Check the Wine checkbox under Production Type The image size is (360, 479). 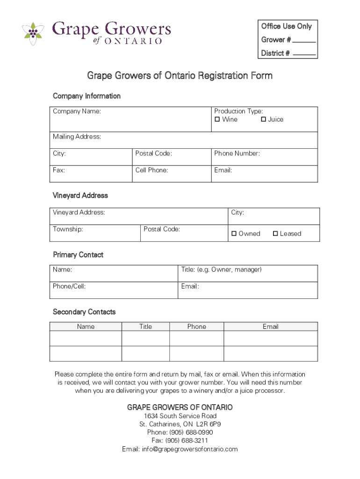click(217, 119)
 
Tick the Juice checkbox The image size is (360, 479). click(263, 119)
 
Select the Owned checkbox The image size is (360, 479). click(234, 233)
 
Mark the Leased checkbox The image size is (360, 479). click(275, 233)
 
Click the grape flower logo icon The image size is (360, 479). click(33, 33)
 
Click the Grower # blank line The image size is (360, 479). click(304, 41)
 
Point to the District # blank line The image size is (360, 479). click(304, 55)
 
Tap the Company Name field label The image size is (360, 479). click(77, 111)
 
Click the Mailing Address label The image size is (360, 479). click(77, 137)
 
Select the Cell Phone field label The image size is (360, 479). click(151, 170)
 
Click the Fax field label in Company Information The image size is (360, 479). click(59, 170)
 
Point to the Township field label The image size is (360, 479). click(68, 229)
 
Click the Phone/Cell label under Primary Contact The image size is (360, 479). click(69, 286)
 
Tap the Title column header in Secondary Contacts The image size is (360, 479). click(145, 327)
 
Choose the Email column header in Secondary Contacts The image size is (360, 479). click(270, 327)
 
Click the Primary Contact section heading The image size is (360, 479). click(78, 255)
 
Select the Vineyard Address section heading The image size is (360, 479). click(80, 196)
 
